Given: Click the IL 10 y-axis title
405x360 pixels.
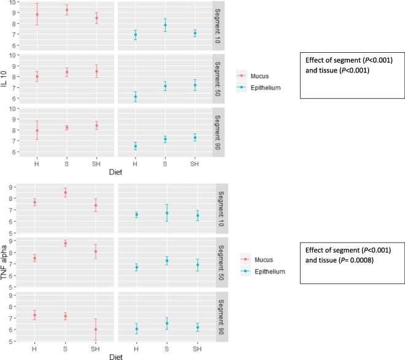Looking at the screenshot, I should (5, 80).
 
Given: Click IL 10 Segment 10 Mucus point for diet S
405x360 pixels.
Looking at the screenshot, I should (66, 10).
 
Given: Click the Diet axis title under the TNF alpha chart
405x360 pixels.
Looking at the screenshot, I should (107, 356).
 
